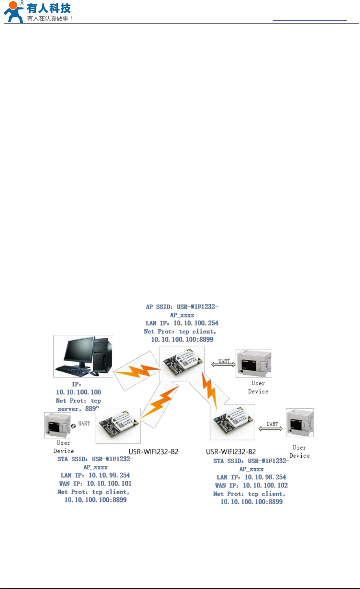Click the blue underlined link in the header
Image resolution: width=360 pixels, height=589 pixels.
(x=309, y=20)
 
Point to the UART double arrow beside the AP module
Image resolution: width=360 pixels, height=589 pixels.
(x=224, y=364)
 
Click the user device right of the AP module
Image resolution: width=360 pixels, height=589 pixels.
(x=253, y=363)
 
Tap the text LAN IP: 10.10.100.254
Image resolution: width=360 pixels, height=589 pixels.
(x=182, y=323)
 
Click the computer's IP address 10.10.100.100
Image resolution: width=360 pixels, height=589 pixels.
(x=78, y=392)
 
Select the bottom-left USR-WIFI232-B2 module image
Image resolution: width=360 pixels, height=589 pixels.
(x=118, y=426)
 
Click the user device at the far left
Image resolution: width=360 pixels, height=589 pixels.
(x=57, y=425)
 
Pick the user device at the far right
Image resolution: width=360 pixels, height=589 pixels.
(x=300, y=423)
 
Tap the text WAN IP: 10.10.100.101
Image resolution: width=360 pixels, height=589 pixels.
(x=95, y=484)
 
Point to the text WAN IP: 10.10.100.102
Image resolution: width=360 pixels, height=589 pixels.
(x=251, y=486)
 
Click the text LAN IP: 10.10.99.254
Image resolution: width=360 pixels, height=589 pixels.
(x=95, y=475)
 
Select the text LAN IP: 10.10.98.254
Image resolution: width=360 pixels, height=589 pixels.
(x=251, y=477)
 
